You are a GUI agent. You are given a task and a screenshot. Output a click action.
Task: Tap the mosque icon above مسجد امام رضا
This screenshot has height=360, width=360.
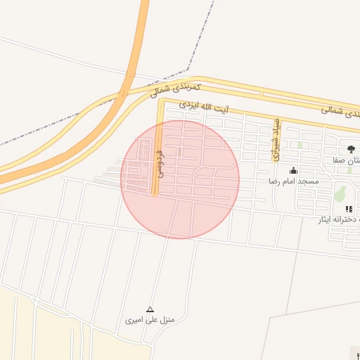293,171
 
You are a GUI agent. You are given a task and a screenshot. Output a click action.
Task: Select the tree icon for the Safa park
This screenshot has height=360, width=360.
351,149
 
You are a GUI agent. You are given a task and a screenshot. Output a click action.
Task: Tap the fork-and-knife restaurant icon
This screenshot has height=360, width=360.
348,209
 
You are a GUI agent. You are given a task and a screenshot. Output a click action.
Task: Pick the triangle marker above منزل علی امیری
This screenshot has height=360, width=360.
149,309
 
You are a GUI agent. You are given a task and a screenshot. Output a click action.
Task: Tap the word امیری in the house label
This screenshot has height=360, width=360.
134,321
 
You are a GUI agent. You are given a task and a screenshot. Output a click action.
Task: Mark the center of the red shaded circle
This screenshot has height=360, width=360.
180,179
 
